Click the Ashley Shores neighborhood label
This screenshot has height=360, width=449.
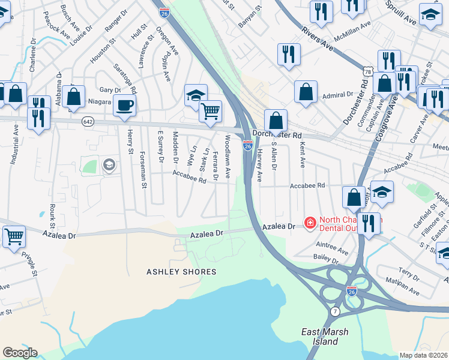tap(181, 272)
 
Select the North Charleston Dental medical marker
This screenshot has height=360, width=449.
tap(310, 223)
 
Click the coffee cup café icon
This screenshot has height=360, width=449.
tap(125, 105)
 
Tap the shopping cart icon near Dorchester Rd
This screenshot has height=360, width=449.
tap(210, 111)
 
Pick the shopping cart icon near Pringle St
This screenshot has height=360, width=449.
tap(14, 236)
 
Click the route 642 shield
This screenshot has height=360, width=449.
tap(87, 121)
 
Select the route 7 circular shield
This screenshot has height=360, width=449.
tap(335, 311)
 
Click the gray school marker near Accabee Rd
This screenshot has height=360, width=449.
tap(109, 165)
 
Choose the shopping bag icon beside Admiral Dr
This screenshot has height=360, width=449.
tap(306, 92)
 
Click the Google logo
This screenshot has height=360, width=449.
tap(20, 353)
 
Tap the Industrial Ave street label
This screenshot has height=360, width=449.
tap(14, 144)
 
